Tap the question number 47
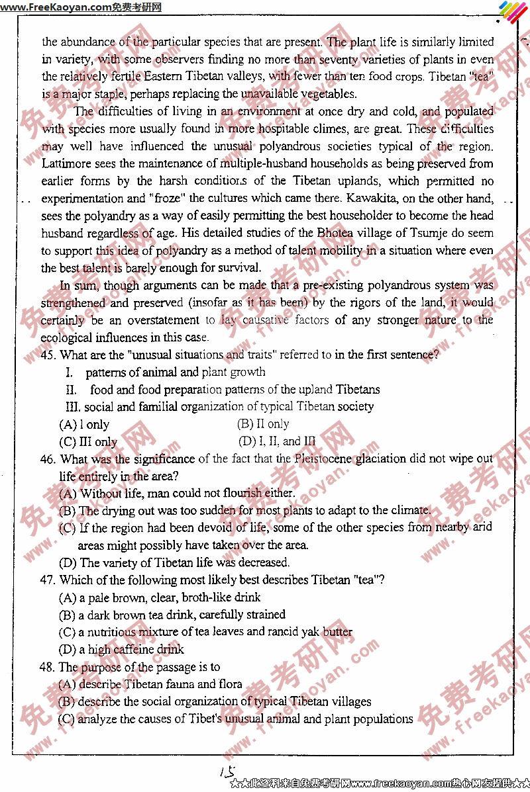[48, 580]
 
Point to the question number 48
[48, 667]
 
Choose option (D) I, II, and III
[277, 441]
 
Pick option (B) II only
[263, 424]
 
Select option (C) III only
[88, 442]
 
